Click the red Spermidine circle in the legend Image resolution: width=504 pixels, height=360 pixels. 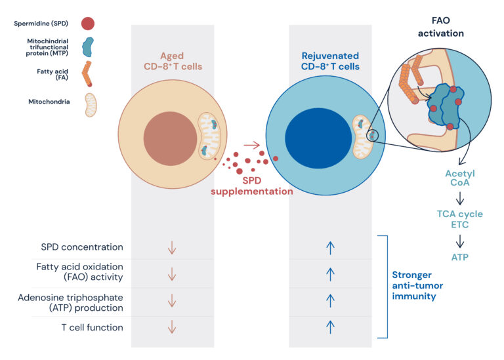(87, 24)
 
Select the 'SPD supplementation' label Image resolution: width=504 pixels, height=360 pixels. (251, 186)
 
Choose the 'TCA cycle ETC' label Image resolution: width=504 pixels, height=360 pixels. (459, 219)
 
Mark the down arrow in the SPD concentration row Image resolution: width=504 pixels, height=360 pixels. (172, 248)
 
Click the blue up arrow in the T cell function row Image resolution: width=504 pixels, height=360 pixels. (331, 326)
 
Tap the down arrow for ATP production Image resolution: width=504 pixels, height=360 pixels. (172, 300)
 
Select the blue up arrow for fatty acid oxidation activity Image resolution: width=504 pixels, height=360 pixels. (331, 273)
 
